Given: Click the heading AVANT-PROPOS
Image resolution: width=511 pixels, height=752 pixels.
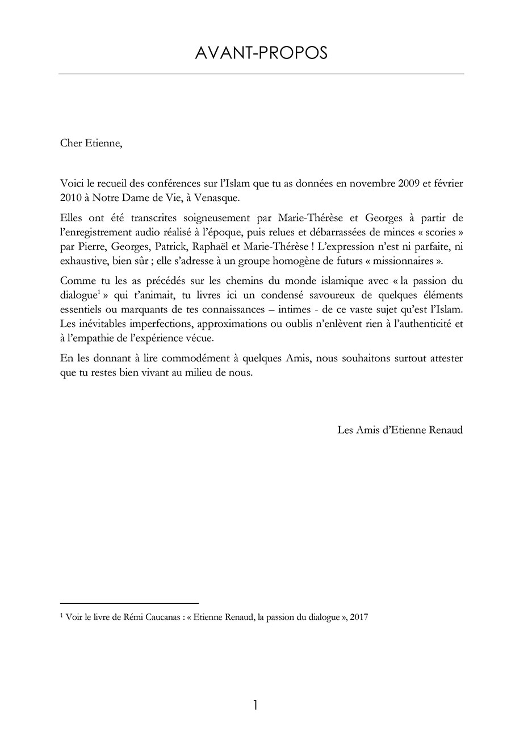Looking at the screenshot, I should pos(261,53).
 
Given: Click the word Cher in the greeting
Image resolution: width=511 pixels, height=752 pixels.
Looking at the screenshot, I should pos(70,142).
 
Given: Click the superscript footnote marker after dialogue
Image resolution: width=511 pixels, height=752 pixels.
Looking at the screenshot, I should pos(98,293).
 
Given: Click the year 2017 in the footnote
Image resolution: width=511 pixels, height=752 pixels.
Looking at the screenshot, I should pos(359,618).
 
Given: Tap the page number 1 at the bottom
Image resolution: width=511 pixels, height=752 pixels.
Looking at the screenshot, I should pos(256,705).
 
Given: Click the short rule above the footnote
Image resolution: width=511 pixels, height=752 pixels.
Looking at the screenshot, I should pos(129,603).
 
